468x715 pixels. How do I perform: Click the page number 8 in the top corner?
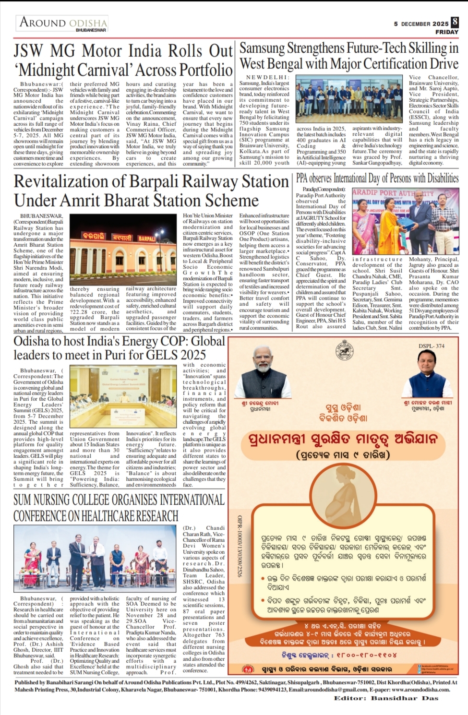coord(455,22)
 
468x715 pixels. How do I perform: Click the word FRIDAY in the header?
coord(446,32)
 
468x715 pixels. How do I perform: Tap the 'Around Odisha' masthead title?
coord(63,23)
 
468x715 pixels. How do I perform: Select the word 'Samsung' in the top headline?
coord(262,48)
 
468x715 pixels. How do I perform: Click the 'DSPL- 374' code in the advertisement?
coord(431,346)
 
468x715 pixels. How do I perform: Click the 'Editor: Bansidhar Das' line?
coord(386,698)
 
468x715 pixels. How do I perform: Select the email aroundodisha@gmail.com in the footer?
coord(336,690)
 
